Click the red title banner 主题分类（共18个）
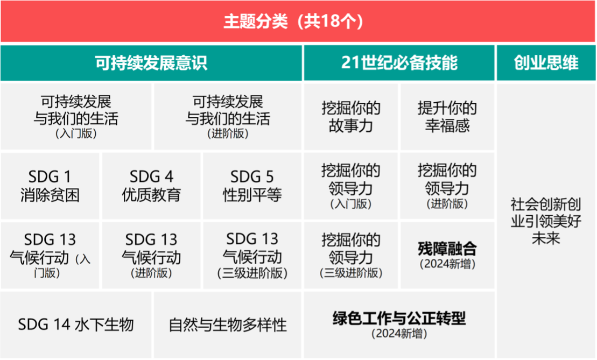(298, 21)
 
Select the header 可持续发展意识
(151, 63)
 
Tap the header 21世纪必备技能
(399, 63)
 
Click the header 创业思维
(546, 63)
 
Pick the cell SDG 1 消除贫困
(50, 186)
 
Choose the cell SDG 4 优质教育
(151, 186)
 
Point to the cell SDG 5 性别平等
(252, 186)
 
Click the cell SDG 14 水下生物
(76, 324)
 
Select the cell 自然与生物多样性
(228, 324)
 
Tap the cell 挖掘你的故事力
(350, 117)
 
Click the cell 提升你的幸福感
(447, 117)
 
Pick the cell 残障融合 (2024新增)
(447, 256)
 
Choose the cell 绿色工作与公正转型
(399, 324)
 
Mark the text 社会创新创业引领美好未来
(546, 221)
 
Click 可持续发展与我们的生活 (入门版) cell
(76, 117)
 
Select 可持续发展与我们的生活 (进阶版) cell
(228, 117)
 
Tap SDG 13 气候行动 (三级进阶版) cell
(252, 256)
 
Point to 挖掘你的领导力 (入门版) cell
(350, 186)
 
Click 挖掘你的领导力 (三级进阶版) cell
(350, 256)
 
